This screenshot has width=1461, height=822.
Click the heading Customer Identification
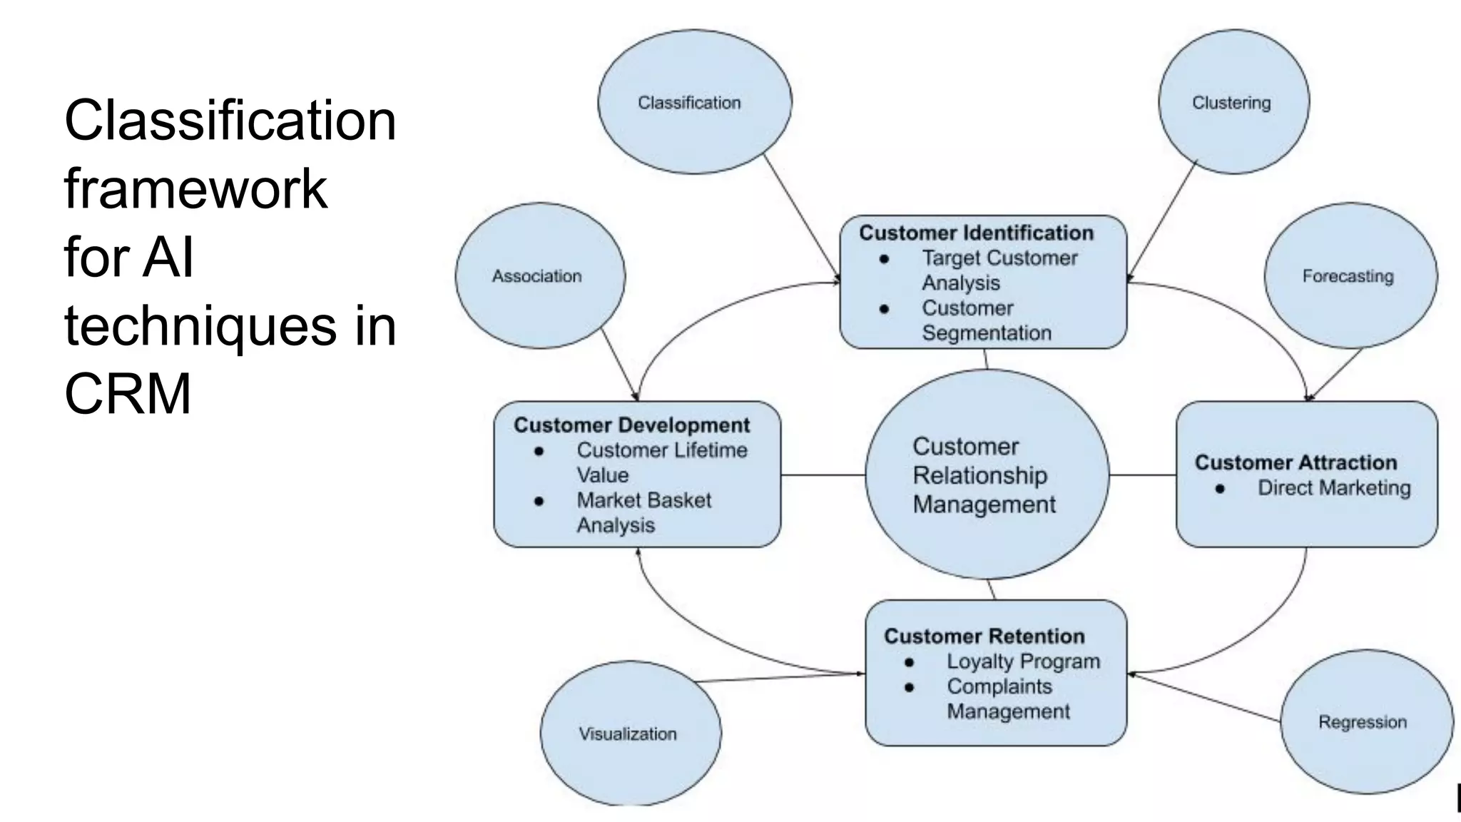pos(976,233)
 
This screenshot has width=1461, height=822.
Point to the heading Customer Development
pos(631,425)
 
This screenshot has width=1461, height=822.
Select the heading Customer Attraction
pos(1295,462)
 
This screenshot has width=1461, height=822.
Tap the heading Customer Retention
pos(984,636)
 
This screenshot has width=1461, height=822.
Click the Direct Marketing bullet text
pos(1334,488)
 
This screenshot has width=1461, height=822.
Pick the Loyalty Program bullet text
pos(1023,661)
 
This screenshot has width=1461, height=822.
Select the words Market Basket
pos(643,500)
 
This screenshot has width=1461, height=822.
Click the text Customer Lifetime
pos(661,450)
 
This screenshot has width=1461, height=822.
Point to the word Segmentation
pos(986,333)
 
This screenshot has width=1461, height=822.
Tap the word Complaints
pos(999,686)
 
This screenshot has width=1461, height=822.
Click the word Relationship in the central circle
pos(979,475)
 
